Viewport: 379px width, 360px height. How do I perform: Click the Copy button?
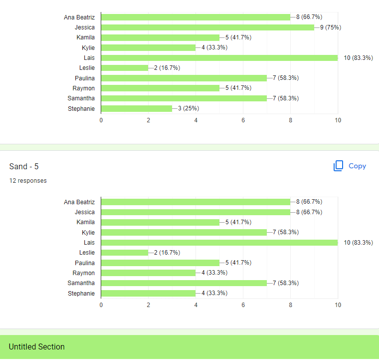coord(350,166)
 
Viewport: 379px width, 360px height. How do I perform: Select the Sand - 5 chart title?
coord(24,166)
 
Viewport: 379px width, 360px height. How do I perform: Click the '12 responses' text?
coord(28,181)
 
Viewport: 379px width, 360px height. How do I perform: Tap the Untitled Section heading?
coord(37,347)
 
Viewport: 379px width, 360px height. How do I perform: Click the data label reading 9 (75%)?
coord(331,27)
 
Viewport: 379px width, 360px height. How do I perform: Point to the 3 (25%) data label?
coord(189,108)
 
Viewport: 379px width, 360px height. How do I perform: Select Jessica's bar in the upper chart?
coord(207,27)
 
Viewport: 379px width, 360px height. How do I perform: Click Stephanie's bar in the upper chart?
coord(137,109)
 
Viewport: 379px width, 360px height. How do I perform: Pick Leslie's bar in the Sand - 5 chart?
coord(125,253)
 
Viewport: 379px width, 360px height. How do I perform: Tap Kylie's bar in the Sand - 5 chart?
coord(184,233)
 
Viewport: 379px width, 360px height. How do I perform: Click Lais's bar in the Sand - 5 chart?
coord(219,243)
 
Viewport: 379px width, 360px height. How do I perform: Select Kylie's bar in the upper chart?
coord(149,47)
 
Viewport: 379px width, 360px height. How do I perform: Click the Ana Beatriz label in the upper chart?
coord(79,17)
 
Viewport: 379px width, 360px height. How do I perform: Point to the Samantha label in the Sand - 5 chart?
coord(81,283)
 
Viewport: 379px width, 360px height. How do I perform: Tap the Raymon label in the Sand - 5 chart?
coord(84,273)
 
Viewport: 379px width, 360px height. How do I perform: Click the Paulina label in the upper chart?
coord(85,78)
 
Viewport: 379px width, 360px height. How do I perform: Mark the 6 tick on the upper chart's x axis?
coord(243,120)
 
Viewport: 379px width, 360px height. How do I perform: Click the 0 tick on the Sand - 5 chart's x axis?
coord(101,305)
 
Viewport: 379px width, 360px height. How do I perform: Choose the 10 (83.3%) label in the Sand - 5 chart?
coord(359,243)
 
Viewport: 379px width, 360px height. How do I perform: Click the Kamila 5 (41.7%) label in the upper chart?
coord(238,37)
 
